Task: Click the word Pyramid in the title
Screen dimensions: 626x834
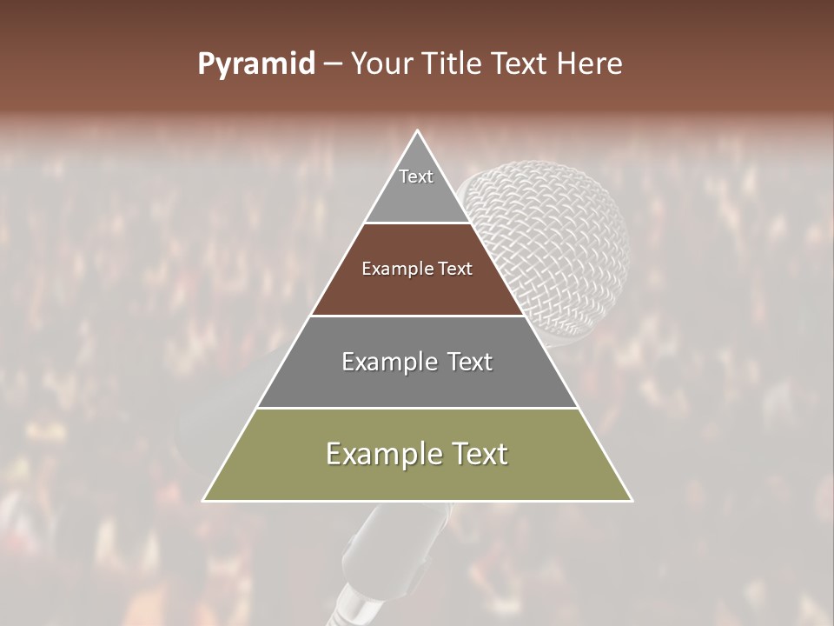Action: pyautogui.click(x=255, y=64)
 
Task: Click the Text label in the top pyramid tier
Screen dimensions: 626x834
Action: pyautogui.click(x=416, y=176)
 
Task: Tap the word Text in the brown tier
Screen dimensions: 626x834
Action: pyautogui.click(x=455, y=269)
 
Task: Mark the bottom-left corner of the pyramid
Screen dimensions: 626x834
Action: pyautogui.click(x=204, y=500)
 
